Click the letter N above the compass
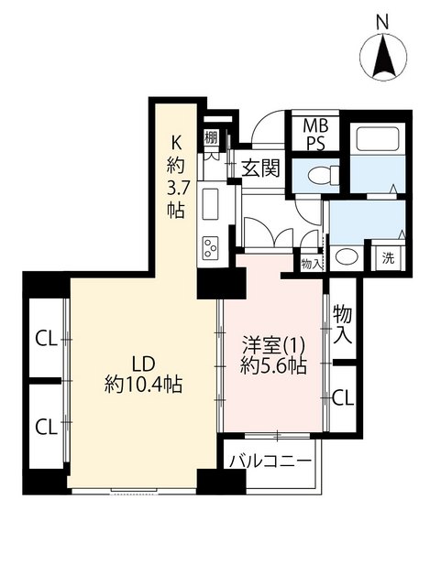coord(382,23)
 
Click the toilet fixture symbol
coord(324,175)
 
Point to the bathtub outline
coord(377,138)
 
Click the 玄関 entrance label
coord(260,168)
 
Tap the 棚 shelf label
coord(211,137)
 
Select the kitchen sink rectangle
coord(210,204)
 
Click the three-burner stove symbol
coord(210,248)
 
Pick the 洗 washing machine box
coord(388,258)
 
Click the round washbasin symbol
coord(347,256)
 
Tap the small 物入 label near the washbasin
coord(312,265)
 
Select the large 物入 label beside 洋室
coord(343,324)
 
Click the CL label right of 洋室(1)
coord(343,398)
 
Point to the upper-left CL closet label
coord(46,340)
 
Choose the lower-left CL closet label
coord(46,427)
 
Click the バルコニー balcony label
coord(270,461)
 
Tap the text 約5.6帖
coord(273,366)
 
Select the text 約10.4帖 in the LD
coord(143,385)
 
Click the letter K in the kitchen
coord(176,143)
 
